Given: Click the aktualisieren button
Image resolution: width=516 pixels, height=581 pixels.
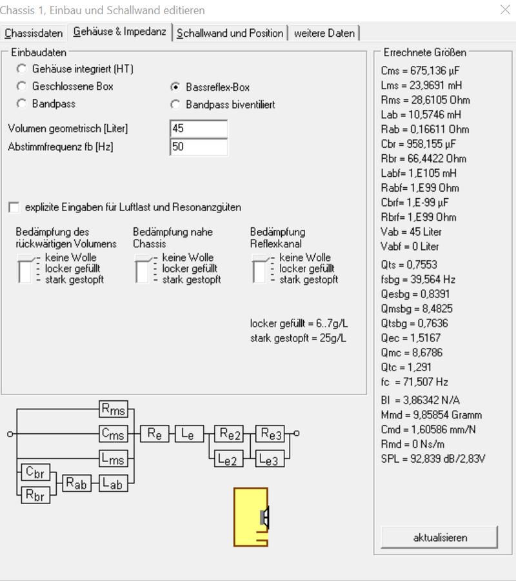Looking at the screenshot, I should [x=440, y=537].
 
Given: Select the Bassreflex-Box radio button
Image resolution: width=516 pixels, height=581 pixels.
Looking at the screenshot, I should [x=175, y=87].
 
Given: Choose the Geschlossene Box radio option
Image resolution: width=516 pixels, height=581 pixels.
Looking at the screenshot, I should [x=22, y=87].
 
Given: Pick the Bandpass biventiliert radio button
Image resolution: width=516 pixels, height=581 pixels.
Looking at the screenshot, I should [x=175, y=105].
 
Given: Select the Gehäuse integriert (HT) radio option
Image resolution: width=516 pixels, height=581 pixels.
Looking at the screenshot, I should [x=22, y=68].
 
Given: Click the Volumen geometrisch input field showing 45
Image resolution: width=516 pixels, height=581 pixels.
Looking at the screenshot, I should [x=199, y=128].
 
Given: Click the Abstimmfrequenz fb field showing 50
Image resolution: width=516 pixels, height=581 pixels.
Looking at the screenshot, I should [x=199, y=147].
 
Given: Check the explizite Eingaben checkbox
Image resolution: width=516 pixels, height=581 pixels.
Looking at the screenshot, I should [x=14, y=207].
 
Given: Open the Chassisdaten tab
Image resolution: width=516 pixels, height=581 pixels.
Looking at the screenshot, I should [x=34, y=33].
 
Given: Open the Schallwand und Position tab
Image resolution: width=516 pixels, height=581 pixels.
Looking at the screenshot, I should [x=230, y=33].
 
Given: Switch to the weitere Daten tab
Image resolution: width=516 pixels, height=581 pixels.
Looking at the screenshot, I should [x=324, y=33].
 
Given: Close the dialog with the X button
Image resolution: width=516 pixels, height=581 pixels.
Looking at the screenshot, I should [x=505, y=9].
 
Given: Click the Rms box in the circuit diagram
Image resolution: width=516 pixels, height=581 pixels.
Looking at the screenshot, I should [x=114, y=409].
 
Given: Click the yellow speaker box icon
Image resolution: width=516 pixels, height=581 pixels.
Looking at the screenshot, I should [x=250, y=517].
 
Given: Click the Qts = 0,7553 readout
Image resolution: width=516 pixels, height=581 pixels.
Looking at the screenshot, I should [x=410, y=264].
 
